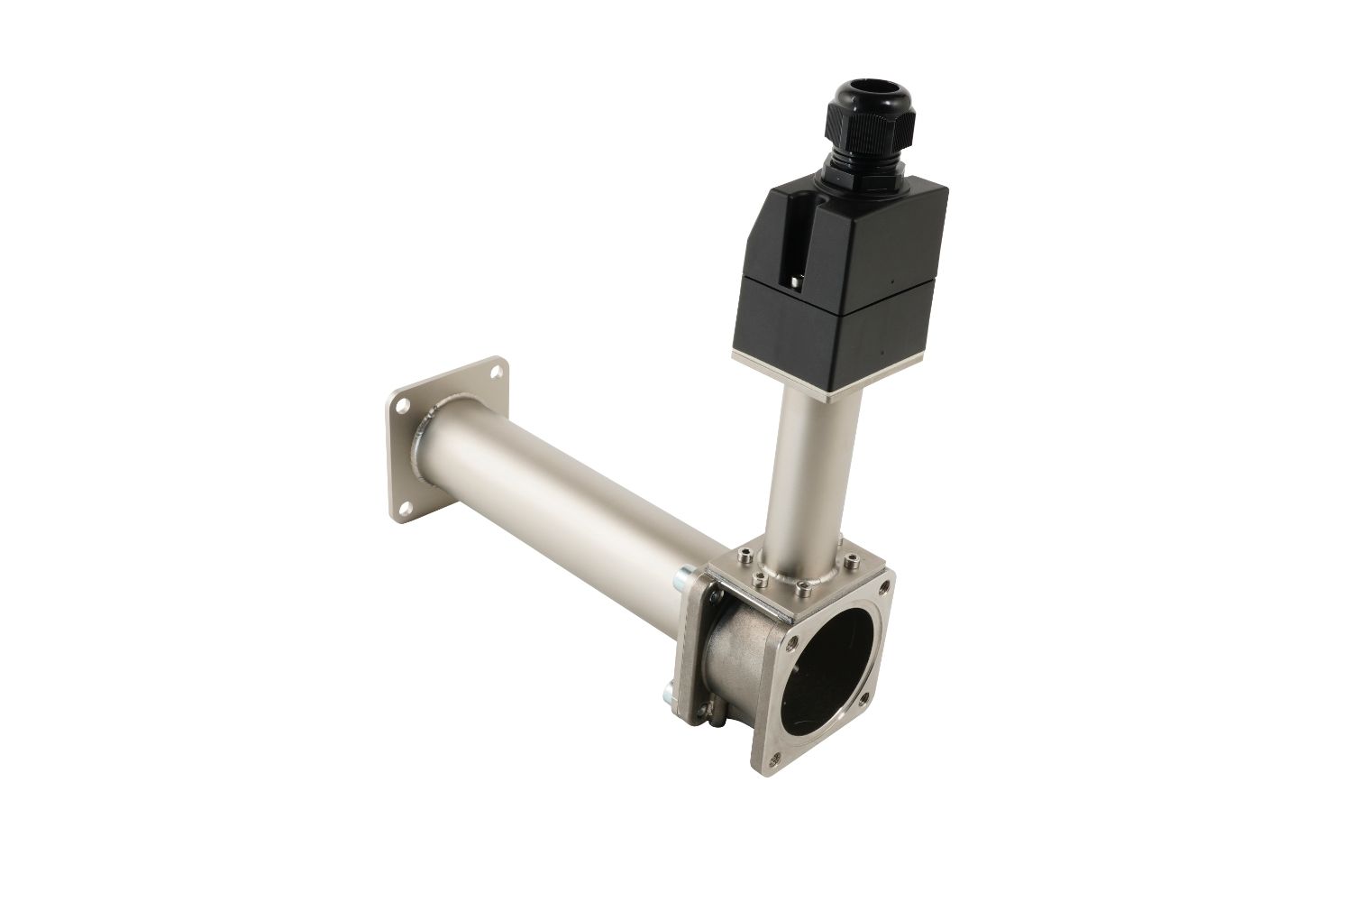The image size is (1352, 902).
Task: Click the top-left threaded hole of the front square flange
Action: tap(793, 641)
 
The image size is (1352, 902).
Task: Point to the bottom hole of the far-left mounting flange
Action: tap(401, 511)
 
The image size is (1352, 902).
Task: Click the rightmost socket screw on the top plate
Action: tap(849, 566)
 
